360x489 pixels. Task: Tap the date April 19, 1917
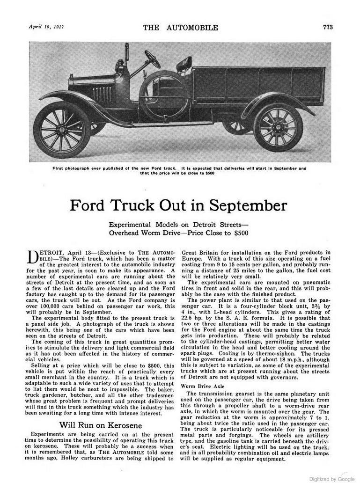click(x=46, y=26)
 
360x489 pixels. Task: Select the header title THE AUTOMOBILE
click(x=180, y=27)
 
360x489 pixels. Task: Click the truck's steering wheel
click(x=153, y=59)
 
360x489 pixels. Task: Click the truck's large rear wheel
click(x=278, y=127)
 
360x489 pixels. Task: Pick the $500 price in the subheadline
click(x=239, y=232)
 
